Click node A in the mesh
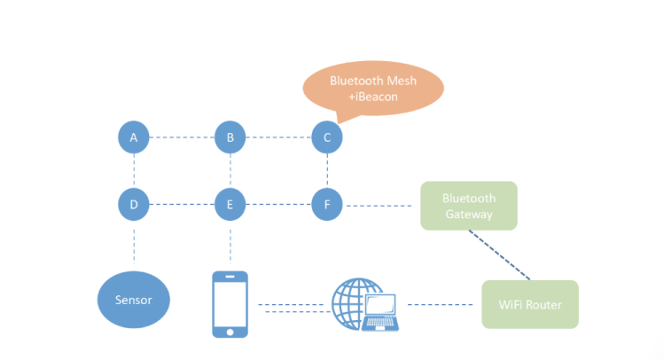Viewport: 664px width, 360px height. tap(133, 137)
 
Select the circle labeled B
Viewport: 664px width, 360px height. tap(230, 137)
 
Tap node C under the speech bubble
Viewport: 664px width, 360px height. tap(326, 137)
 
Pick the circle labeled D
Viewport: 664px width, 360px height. tap(133, 205)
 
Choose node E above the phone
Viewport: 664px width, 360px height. tap(230, 205)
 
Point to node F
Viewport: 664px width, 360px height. tap(326, 205)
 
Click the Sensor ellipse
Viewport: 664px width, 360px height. tap(133, 300)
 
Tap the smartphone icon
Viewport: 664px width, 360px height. tap(230, 304)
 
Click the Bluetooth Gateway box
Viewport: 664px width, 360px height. tap(468, 206)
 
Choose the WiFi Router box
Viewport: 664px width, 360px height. tap(529, 304)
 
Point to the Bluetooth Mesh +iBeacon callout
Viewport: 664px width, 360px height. tap(372, 87)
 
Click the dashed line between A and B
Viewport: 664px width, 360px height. tap(181, 137)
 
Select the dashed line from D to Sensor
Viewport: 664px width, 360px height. tap(133, 244)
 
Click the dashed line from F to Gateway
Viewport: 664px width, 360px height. tap(379, 206)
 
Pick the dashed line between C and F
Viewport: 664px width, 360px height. tap(326, 171)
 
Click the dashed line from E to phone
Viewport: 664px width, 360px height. tap(230, 244)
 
